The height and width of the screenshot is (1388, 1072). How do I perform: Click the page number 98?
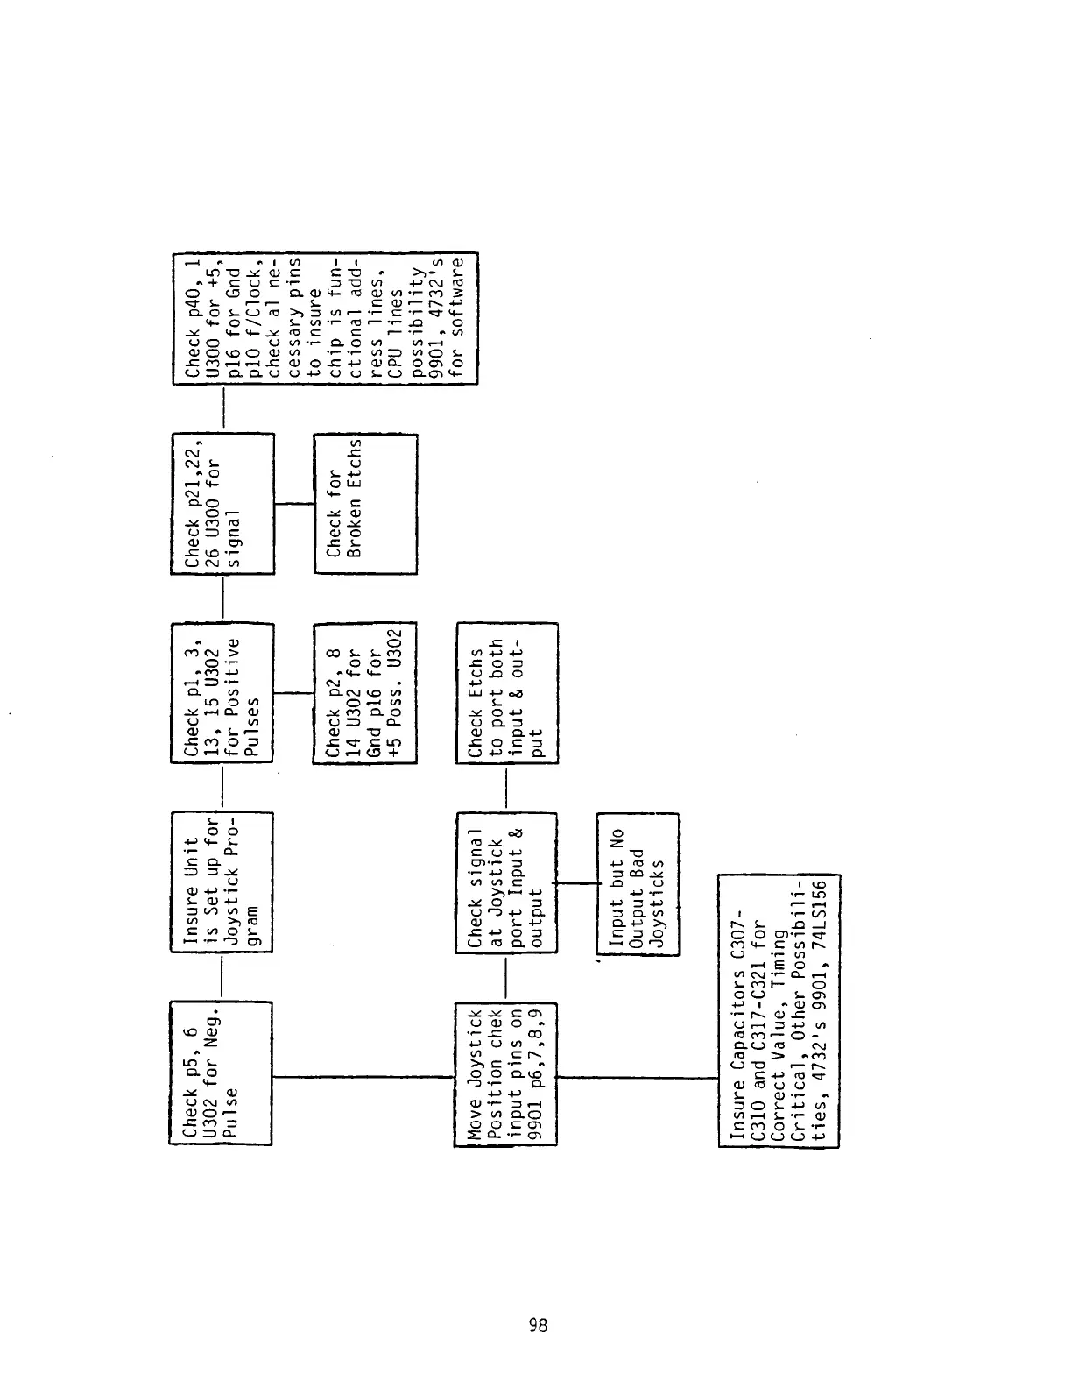[538, 1326]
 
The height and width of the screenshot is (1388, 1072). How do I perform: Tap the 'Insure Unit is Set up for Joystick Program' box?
[221, 882]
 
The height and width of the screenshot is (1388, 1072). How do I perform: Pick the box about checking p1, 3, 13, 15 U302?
[222, 691]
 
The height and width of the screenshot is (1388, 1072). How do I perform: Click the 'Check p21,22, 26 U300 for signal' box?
[222, 503]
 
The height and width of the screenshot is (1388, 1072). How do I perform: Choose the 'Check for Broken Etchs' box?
[365, 503]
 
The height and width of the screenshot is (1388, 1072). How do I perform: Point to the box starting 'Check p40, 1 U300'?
[326, 318]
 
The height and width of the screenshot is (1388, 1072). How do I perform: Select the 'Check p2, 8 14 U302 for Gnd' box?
[365, 691]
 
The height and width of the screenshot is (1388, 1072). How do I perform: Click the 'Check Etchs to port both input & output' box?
[507, 692]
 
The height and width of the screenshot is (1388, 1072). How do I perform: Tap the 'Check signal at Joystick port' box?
[507, 882]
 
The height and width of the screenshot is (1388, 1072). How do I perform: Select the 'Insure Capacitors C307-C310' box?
[779, 1010]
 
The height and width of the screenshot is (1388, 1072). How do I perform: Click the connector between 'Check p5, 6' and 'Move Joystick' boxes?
[363, 1076]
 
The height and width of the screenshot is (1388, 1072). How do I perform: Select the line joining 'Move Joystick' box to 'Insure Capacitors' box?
[638, 1078]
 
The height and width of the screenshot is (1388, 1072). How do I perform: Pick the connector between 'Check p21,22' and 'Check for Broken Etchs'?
[293, 503]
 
